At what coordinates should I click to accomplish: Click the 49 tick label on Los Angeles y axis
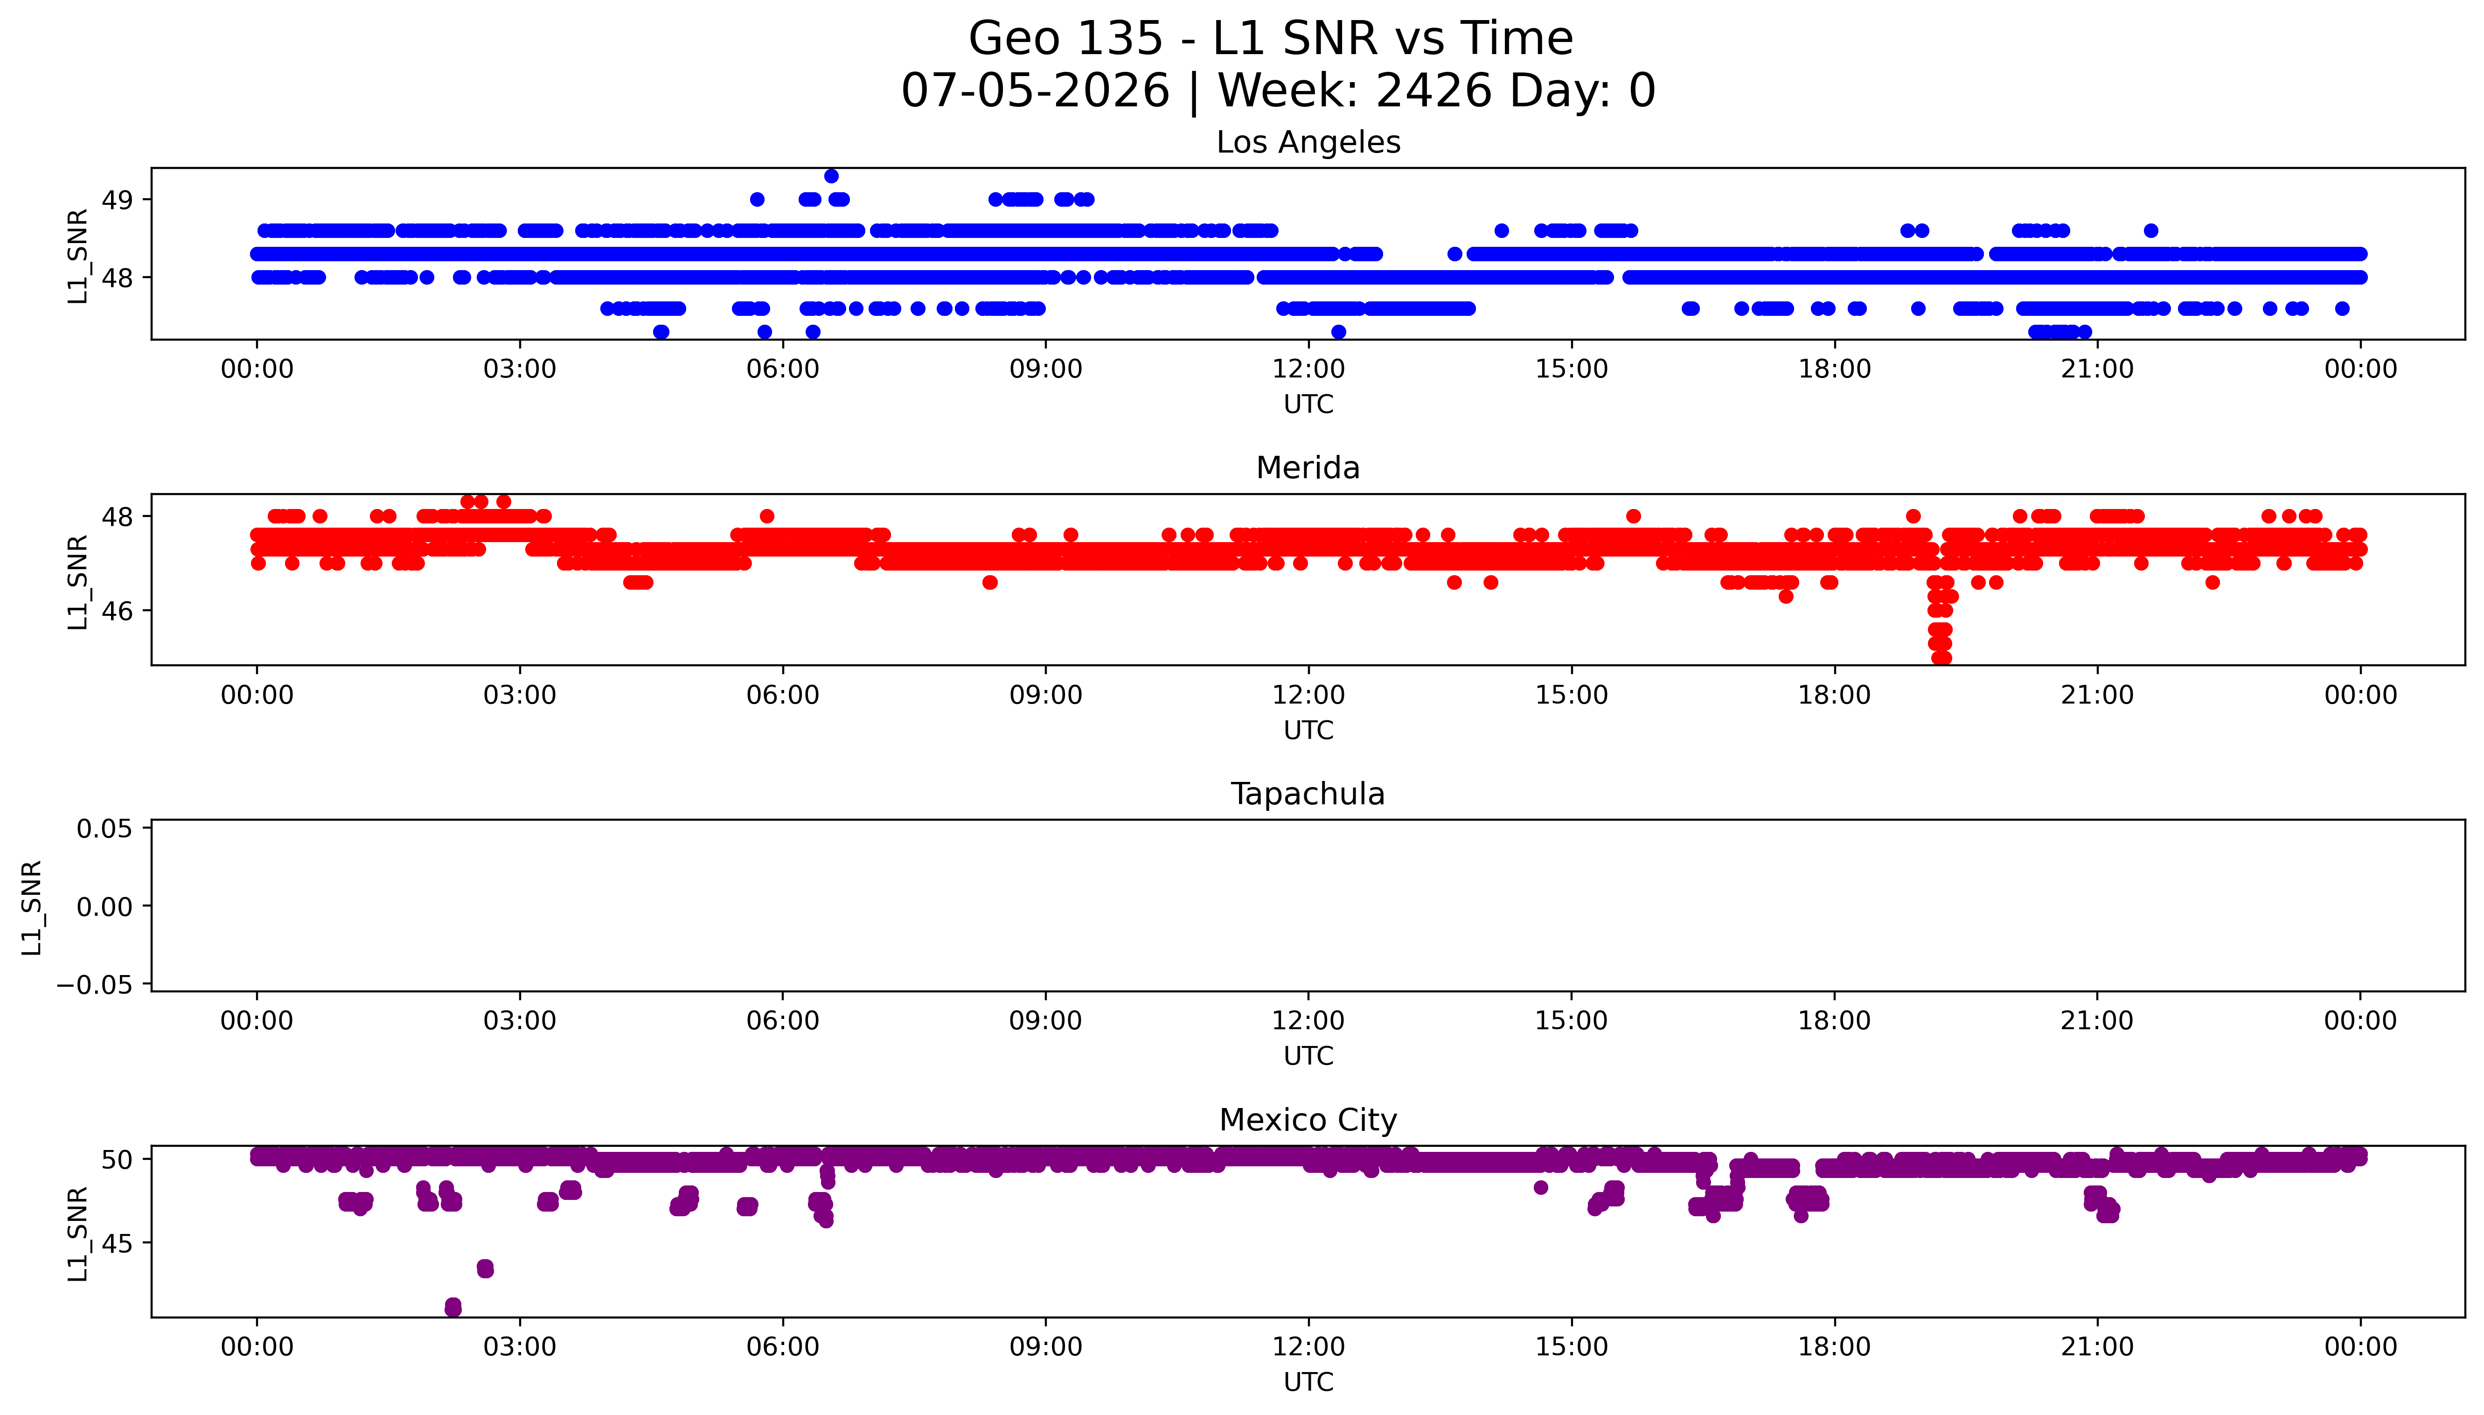pyautogui.click(x=118, y=200)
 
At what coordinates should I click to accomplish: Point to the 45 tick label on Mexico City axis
pyautogui.click(x=118, y=1243)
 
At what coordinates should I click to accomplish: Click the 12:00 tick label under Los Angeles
pyautogui.click(x=1308, y=369)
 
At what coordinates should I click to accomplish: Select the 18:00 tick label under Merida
pyautogui.click(x=1834, y=695)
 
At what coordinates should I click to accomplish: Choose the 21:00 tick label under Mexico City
pyautogui.click(x=2097, y=1347)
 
